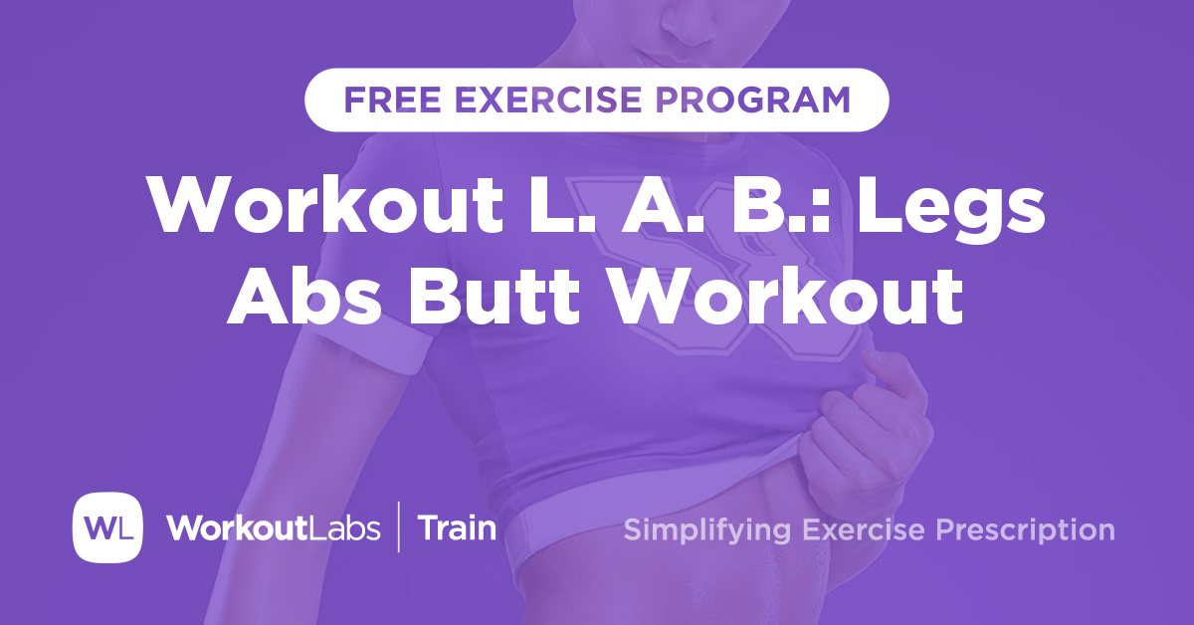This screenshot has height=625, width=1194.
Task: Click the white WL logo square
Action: point(107,526)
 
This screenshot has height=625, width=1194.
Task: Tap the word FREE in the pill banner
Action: point(388,100)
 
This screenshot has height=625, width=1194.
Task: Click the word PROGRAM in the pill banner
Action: point(759,100)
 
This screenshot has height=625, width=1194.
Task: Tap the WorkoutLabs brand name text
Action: point(273,527)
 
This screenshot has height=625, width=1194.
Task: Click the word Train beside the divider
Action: point(457,527)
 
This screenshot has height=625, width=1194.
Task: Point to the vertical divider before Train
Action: point(400,527)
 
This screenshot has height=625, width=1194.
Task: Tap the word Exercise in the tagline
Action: point(862,529)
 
